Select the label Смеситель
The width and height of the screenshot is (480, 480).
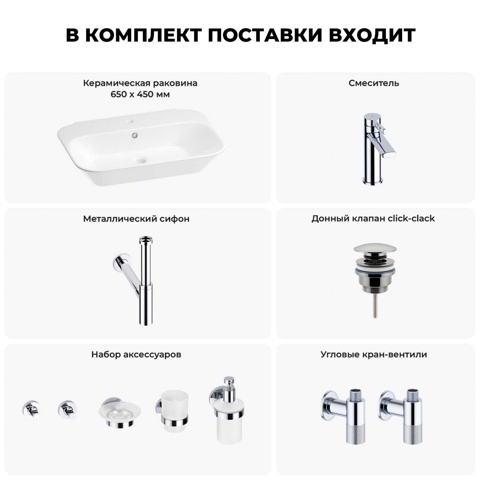point(374,83)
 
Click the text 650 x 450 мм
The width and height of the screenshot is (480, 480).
point(140,95)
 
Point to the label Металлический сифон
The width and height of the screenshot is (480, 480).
point(136,219)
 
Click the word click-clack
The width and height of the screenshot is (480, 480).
point(411,219)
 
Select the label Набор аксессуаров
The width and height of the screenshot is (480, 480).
point(136,355)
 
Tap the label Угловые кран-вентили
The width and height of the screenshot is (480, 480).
point(374,355)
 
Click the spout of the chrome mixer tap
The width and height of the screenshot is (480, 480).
point(379,148)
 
